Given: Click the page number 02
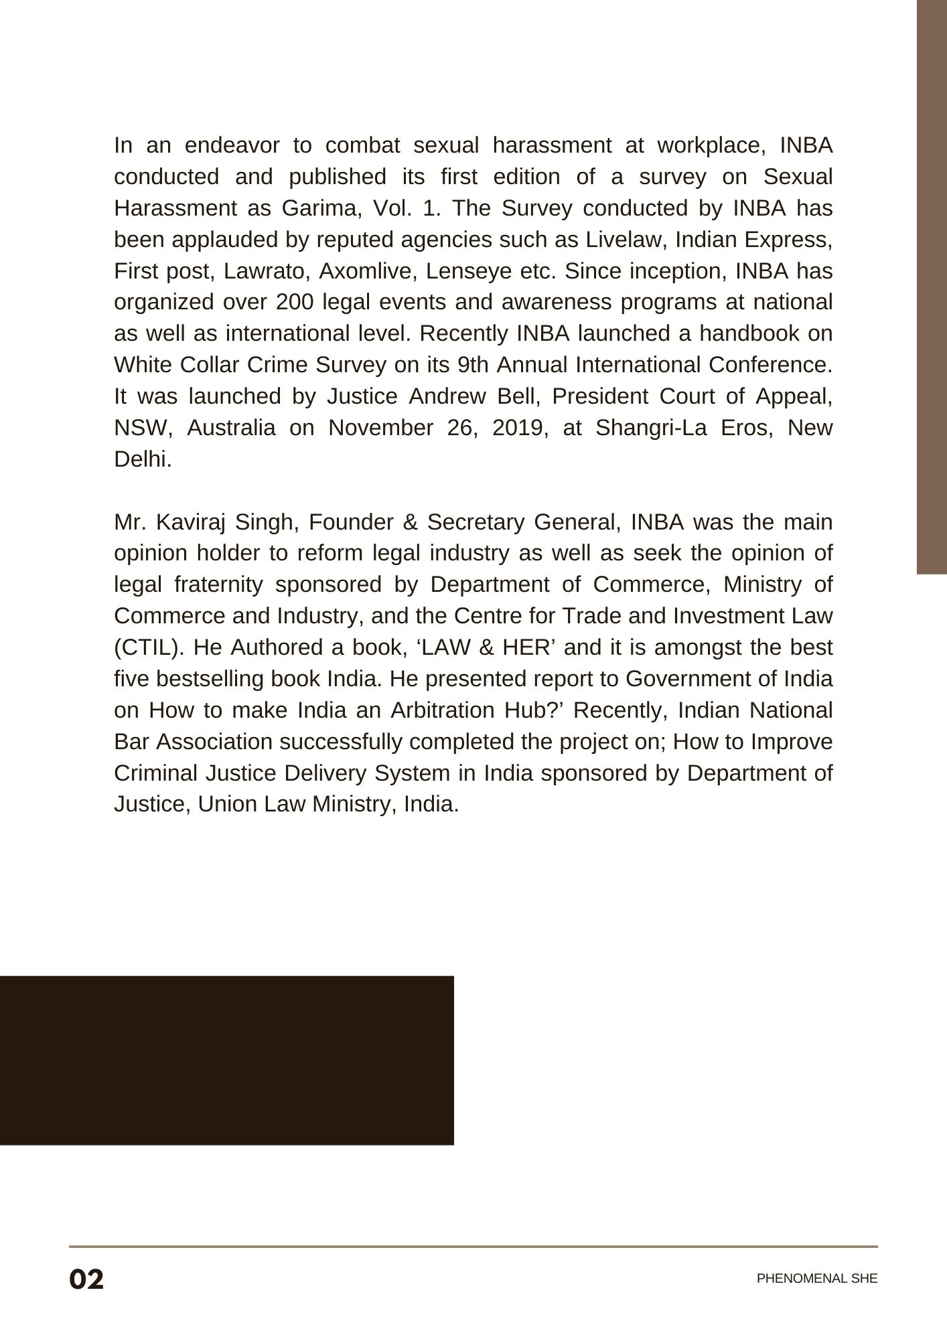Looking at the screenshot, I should click(86, 1279).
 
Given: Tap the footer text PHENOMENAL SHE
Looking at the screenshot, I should click(816, 1279).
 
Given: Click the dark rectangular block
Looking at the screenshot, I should click(226, 1060).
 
